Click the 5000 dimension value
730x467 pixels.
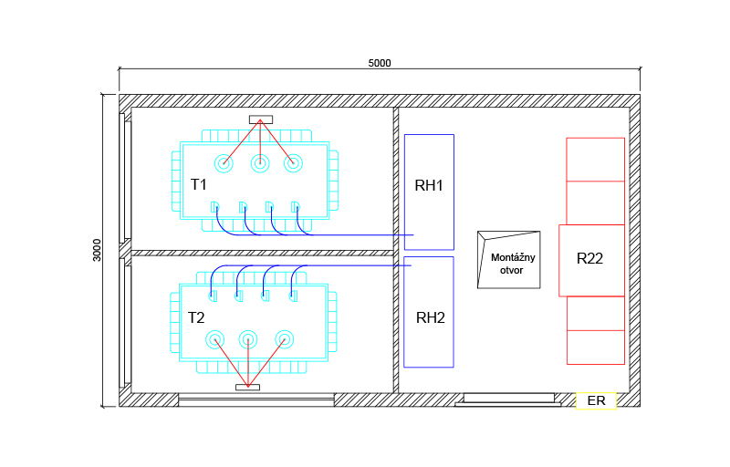pyautogui.click(x=380, y=63)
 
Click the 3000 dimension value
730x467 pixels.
pyautogui.click(x=98, y=250)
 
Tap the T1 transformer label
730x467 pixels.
pyautogui.click(x=198, y=184)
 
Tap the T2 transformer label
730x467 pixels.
pyautogui.click(x=196, y=318)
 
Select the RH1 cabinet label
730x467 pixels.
pyautogui.click(x=429, y=186)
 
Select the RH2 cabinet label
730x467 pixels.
pyautogui.click(x=430, y=318)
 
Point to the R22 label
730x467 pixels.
pyautogui.click(x=590, y=259)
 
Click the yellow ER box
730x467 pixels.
pyautogui.click(x=597, y=400)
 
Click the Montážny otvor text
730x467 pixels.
pyautogui.click(x=513, y=264)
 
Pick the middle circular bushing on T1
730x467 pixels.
pyautogui.click(x=260, y=164)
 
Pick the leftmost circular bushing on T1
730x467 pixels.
pyautogui.click(x=224, y=164)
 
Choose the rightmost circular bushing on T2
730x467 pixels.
pyautogui.click(x=284, y=340)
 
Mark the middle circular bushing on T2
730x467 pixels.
pyautogui.click(x=247, y=340)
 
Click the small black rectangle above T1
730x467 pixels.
pyautogui.click(x=261, y=119)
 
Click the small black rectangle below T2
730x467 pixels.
pyautogui.click(x=247, y=388)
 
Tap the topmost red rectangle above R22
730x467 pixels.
pyautogui.click(x=595, y=160)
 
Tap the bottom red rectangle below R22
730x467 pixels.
pyautogui.click(x=595, y=346)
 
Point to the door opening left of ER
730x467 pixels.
pyautogui.click(x=508, y=399)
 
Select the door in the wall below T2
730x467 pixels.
pyautogui.click(x=255, y=400)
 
